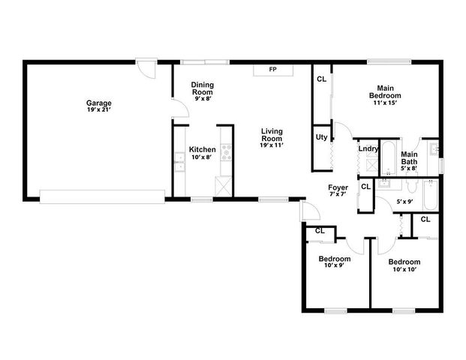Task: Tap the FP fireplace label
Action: tap(272, 70)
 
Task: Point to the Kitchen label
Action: tap(202, 149)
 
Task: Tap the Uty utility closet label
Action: tap(320, 136)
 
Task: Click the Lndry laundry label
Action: tap(368, 148)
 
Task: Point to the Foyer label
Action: tap(338, 187)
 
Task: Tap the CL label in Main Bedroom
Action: tap(321, 79)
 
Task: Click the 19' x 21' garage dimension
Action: tap(99, 110)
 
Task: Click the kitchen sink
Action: tap(179, 160)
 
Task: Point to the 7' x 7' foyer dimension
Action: tap(338, 195)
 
